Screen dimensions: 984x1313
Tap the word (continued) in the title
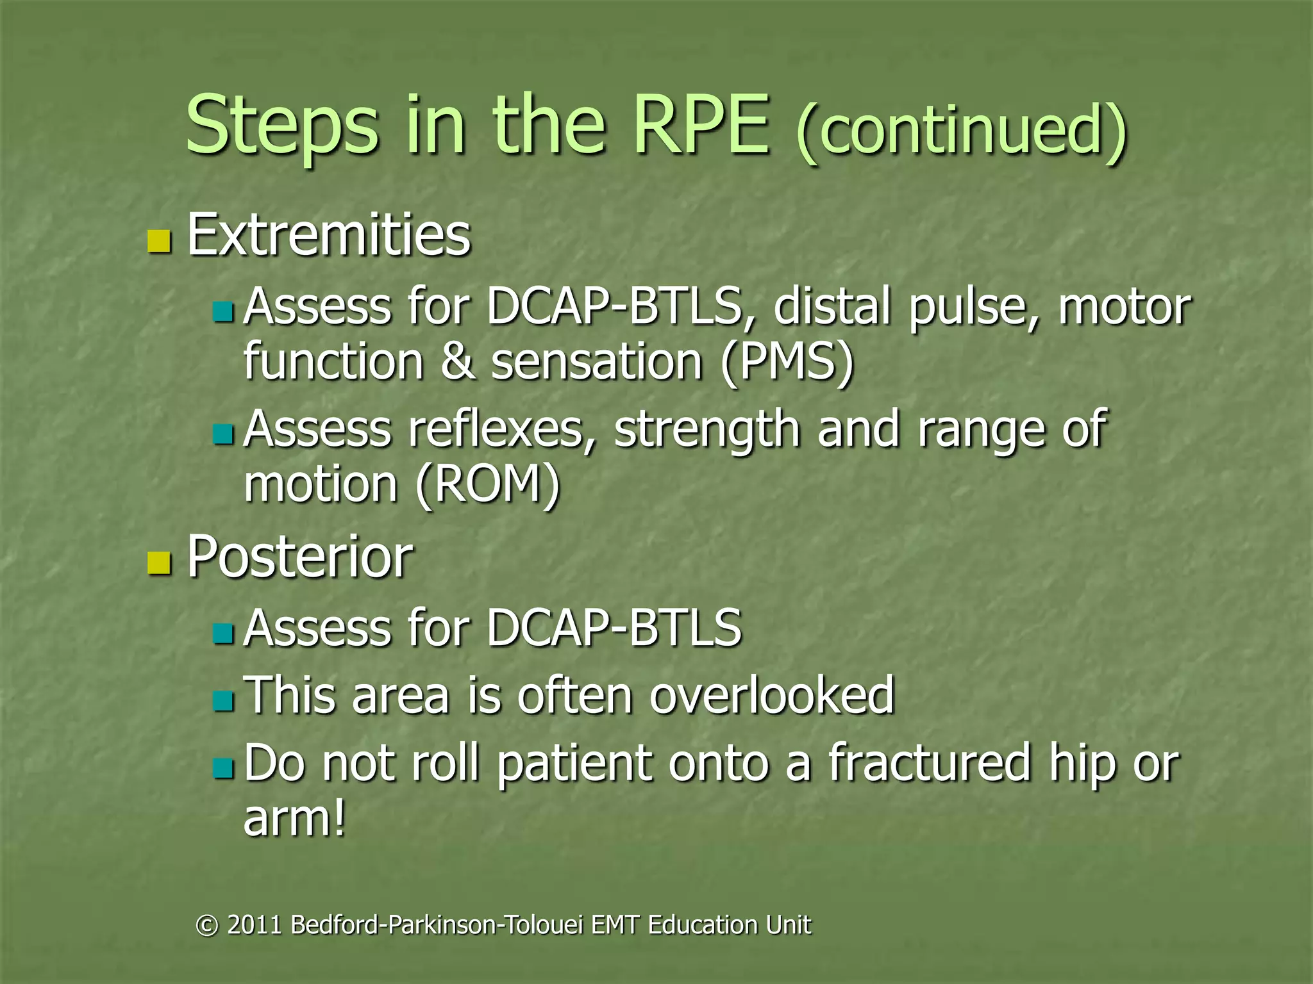tap(960, 131)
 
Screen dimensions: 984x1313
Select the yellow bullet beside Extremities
tap(159, 242)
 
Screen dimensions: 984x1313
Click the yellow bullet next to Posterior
tap(159, 562)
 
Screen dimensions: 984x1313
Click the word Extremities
tap(328, 235)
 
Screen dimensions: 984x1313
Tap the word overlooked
tap(772, 695)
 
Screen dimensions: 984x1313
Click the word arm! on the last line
tap(294, 819)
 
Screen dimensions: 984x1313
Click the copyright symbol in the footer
tap(206, 926)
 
